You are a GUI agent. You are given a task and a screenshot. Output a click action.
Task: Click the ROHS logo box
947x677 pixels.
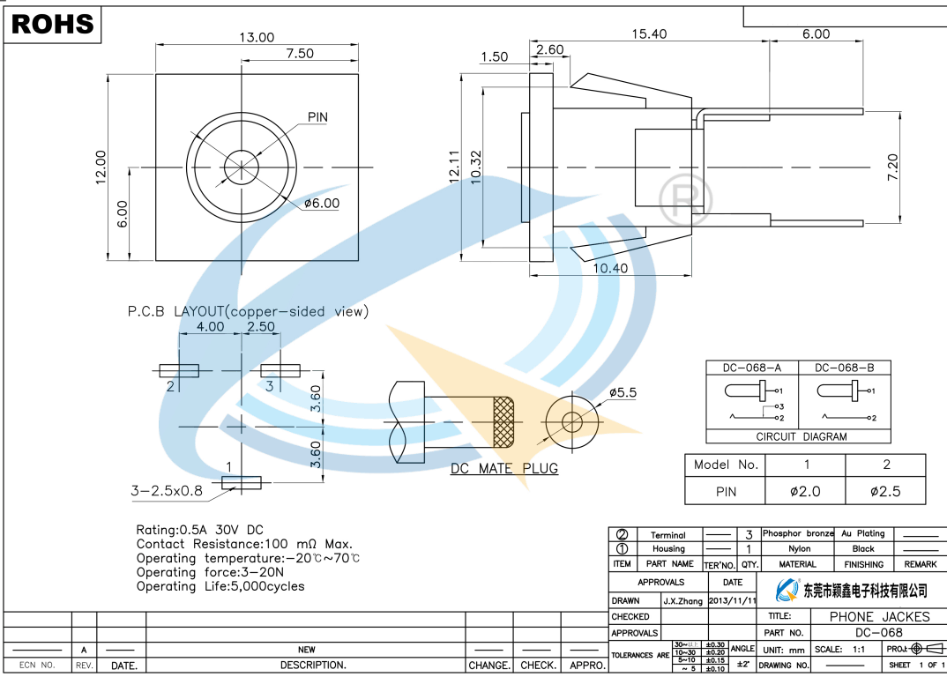point(53,24)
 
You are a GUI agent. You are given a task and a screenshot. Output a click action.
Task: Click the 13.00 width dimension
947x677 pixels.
point(257,37)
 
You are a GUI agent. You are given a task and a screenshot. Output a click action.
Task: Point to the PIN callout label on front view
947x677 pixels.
point(317,117)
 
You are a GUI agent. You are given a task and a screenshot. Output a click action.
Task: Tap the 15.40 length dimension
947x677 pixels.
point(648,34)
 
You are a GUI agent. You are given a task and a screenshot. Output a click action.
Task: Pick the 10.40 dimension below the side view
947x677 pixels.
point(610,268)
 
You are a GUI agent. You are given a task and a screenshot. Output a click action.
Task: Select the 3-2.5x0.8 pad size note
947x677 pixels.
point(167,491)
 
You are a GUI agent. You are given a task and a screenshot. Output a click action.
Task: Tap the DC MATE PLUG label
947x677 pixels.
point(504,468)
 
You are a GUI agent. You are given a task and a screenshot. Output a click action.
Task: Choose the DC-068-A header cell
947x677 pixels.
point(752,368)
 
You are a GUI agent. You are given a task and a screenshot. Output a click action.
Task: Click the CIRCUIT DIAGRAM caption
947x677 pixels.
point(802,436)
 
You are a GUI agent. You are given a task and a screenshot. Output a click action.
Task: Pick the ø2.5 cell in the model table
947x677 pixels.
point(885,491)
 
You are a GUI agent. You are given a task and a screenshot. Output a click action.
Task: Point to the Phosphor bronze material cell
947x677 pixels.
point(797,534)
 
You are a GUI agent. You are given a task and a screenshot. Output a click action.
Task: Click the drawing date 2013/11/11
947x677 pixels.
point(732,600)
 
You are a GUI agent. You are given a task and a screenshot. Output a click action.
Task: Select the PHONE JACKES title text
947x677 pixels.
point(879,617)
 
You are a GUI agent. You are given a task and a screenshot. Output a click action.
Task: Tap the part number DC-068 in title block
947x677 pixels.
point(879,633)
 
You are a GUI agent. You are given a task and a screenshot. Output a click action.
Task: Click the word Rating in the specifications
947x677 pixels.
point(156,530)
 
